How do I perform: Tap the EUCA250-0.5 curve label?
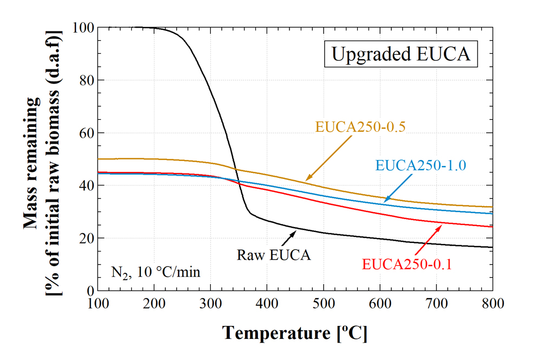click(x=360, y=127)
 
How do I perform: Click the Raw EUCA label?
click(x=274, y=254)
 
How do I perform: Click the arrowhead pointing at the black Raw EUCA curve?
click(x=295, y=232)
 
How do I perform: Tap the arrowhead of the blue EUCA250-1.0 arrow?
click(x=384, y=202)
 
